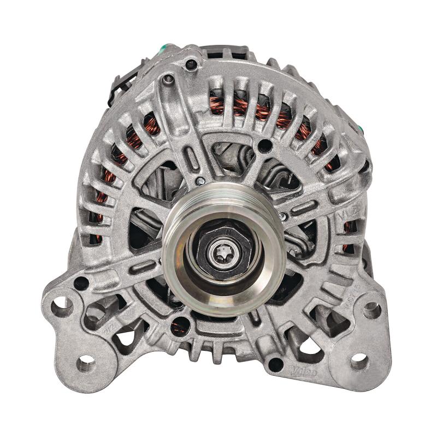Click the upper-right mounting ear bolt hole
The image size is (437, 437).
tap(372, 310)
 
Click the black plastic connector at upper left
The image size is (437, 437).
tap(121, 82)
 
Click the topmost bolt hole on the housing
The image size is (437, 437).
tap(191, 64)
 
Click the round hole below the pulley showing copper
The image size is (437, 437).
tap(180, 326)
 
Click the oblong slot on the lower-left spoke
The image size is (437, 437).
tap(143, 266)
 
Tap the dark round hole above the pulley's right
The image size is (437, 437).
tap(265, 145)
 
